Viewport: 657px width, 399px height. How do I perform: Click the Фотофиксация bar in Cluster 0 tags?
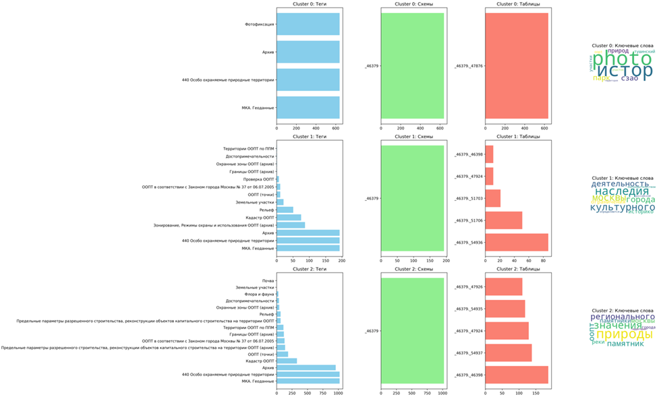click(308, 24)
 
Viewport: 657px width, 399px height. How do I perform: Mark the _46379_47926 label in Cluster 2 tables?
click(469, 286)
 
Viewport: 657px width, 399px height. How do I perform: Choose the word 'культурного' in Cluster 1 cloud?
click(618, 208)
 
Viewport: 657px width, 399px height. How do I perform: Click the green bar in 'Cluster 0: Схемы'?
click(412, 66)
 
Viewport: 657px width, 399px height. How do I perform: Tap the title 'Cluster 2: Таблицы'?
click(518, 270)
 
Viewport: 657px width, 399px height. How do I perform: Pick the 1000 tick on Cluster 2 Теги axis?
click(338, 393)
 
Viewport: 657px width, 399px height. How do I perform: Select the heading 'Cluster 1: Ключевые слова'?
click(623, 177)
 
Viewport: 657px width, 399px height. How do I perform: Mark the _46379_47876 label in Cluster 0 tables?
click(469, 66)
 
